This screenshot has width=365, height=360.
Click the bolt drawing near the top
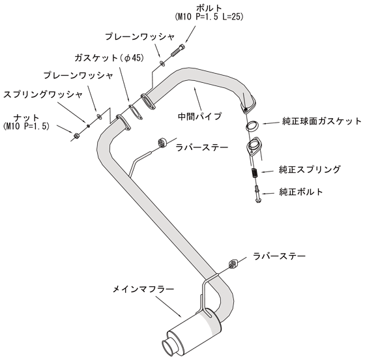[x=179, y=50]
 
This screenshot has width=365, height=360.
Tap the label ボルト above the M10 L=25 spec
[x=209, y=8]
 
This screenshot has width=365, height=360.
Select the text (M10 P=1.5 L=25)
[x=209, y=17]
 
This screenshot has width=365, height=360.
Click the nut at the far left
[x=76, y=136]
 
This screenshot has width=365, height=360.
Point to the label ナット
[x=26, y=117]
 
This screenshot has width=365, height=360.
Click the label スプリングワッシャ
[x=43, y=95]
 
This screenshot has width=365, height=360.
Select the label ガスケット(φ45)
[x=109, y=58]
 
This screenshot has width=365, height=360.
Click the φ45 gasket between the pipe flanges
[x=136, y=112]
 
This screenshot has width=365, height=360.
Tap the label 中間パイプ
[x=199, y=116]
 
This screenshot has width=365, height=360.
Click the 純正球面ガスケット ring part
[x=252, y=126]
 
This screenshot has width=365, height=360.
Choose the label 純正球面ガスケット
[x=322, y=121]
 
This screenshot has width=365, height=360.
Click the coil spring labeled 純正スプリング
[x=255, y=173]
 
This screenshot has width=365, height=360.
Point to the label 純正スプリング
[x=310, y=170]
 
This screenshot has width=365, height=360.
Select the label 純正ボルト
[x=301, y=192]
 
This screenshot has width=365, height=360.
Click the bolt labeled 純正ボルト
[x=257, y=194]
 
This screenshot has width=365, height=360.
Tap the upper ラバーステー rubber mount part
[x=162, y=142]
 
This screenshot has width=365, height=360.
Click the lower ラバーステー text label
[x=280, y=256]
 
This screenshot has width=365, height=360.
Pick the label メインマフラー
[x=143, y=289]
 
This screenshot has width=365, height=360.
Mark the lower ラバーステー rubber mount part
[x=233, y=263]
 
